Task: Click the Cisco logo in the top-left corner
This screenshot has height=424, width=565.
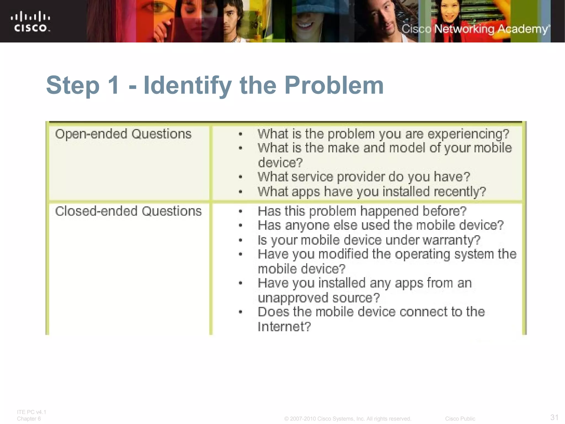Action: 30,22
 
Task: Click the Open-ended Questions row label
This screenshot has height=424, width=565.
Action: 123,134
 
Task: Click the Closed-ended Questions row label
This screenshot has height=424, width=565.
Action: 128,211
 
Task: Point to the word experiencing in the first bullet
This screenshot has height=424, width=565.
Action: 468,134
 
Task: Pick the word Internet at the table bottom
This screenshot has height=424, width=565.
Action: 284,327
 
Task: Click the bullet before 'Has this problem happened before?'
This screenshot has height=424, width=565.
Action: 241,212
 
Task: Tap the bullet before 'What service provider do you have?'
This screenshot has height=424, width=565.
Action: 241,177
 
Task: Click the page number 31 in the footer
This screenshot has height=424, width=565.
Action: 554,417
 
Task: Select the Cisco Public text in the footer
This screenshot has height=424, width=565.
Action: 460,419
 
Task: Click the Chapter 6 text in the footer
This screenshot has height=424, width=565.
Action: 29,419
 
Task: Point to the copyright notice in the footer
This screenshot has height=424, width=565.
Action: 348,419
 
